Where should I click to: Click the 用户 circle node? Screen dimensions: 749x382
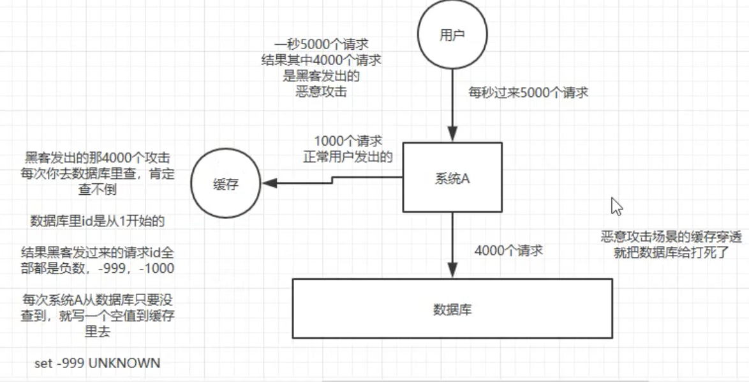(452, 35)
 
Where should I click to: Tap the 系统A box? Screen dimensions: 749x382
(452, 177)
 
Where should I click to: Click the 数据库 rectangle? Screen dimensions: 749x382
(452, 309)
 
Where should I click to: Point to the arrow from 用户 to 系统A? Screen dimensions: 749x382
(452, 105)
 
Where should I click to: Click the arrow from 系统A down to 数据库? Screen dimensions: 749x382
(452, 245)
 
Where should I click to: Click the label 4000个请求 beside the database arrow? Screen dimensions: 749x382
(508, 250)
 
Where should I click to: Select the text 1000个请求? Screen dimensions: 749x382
(348, 142)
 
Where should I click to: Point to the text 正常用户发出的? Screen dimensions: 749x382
(348, 157)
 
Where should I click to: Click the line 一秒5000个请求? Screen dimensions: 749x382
(320, 45)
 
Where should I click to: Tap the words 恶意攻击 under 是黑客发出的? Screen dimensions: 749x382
(321, 92)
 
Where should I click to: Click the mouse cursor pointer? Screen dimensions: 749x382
(617, 206)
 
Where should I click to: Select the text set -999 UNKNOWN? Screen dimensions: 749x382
(98, 363)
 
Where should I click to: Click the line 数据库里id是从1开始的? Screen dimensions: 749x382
(98, 221)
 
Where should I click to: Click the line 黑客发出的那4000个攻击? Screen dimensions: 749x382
(98, 158)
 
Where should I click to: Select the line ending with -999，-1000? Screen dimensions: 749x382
(98, 268)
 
